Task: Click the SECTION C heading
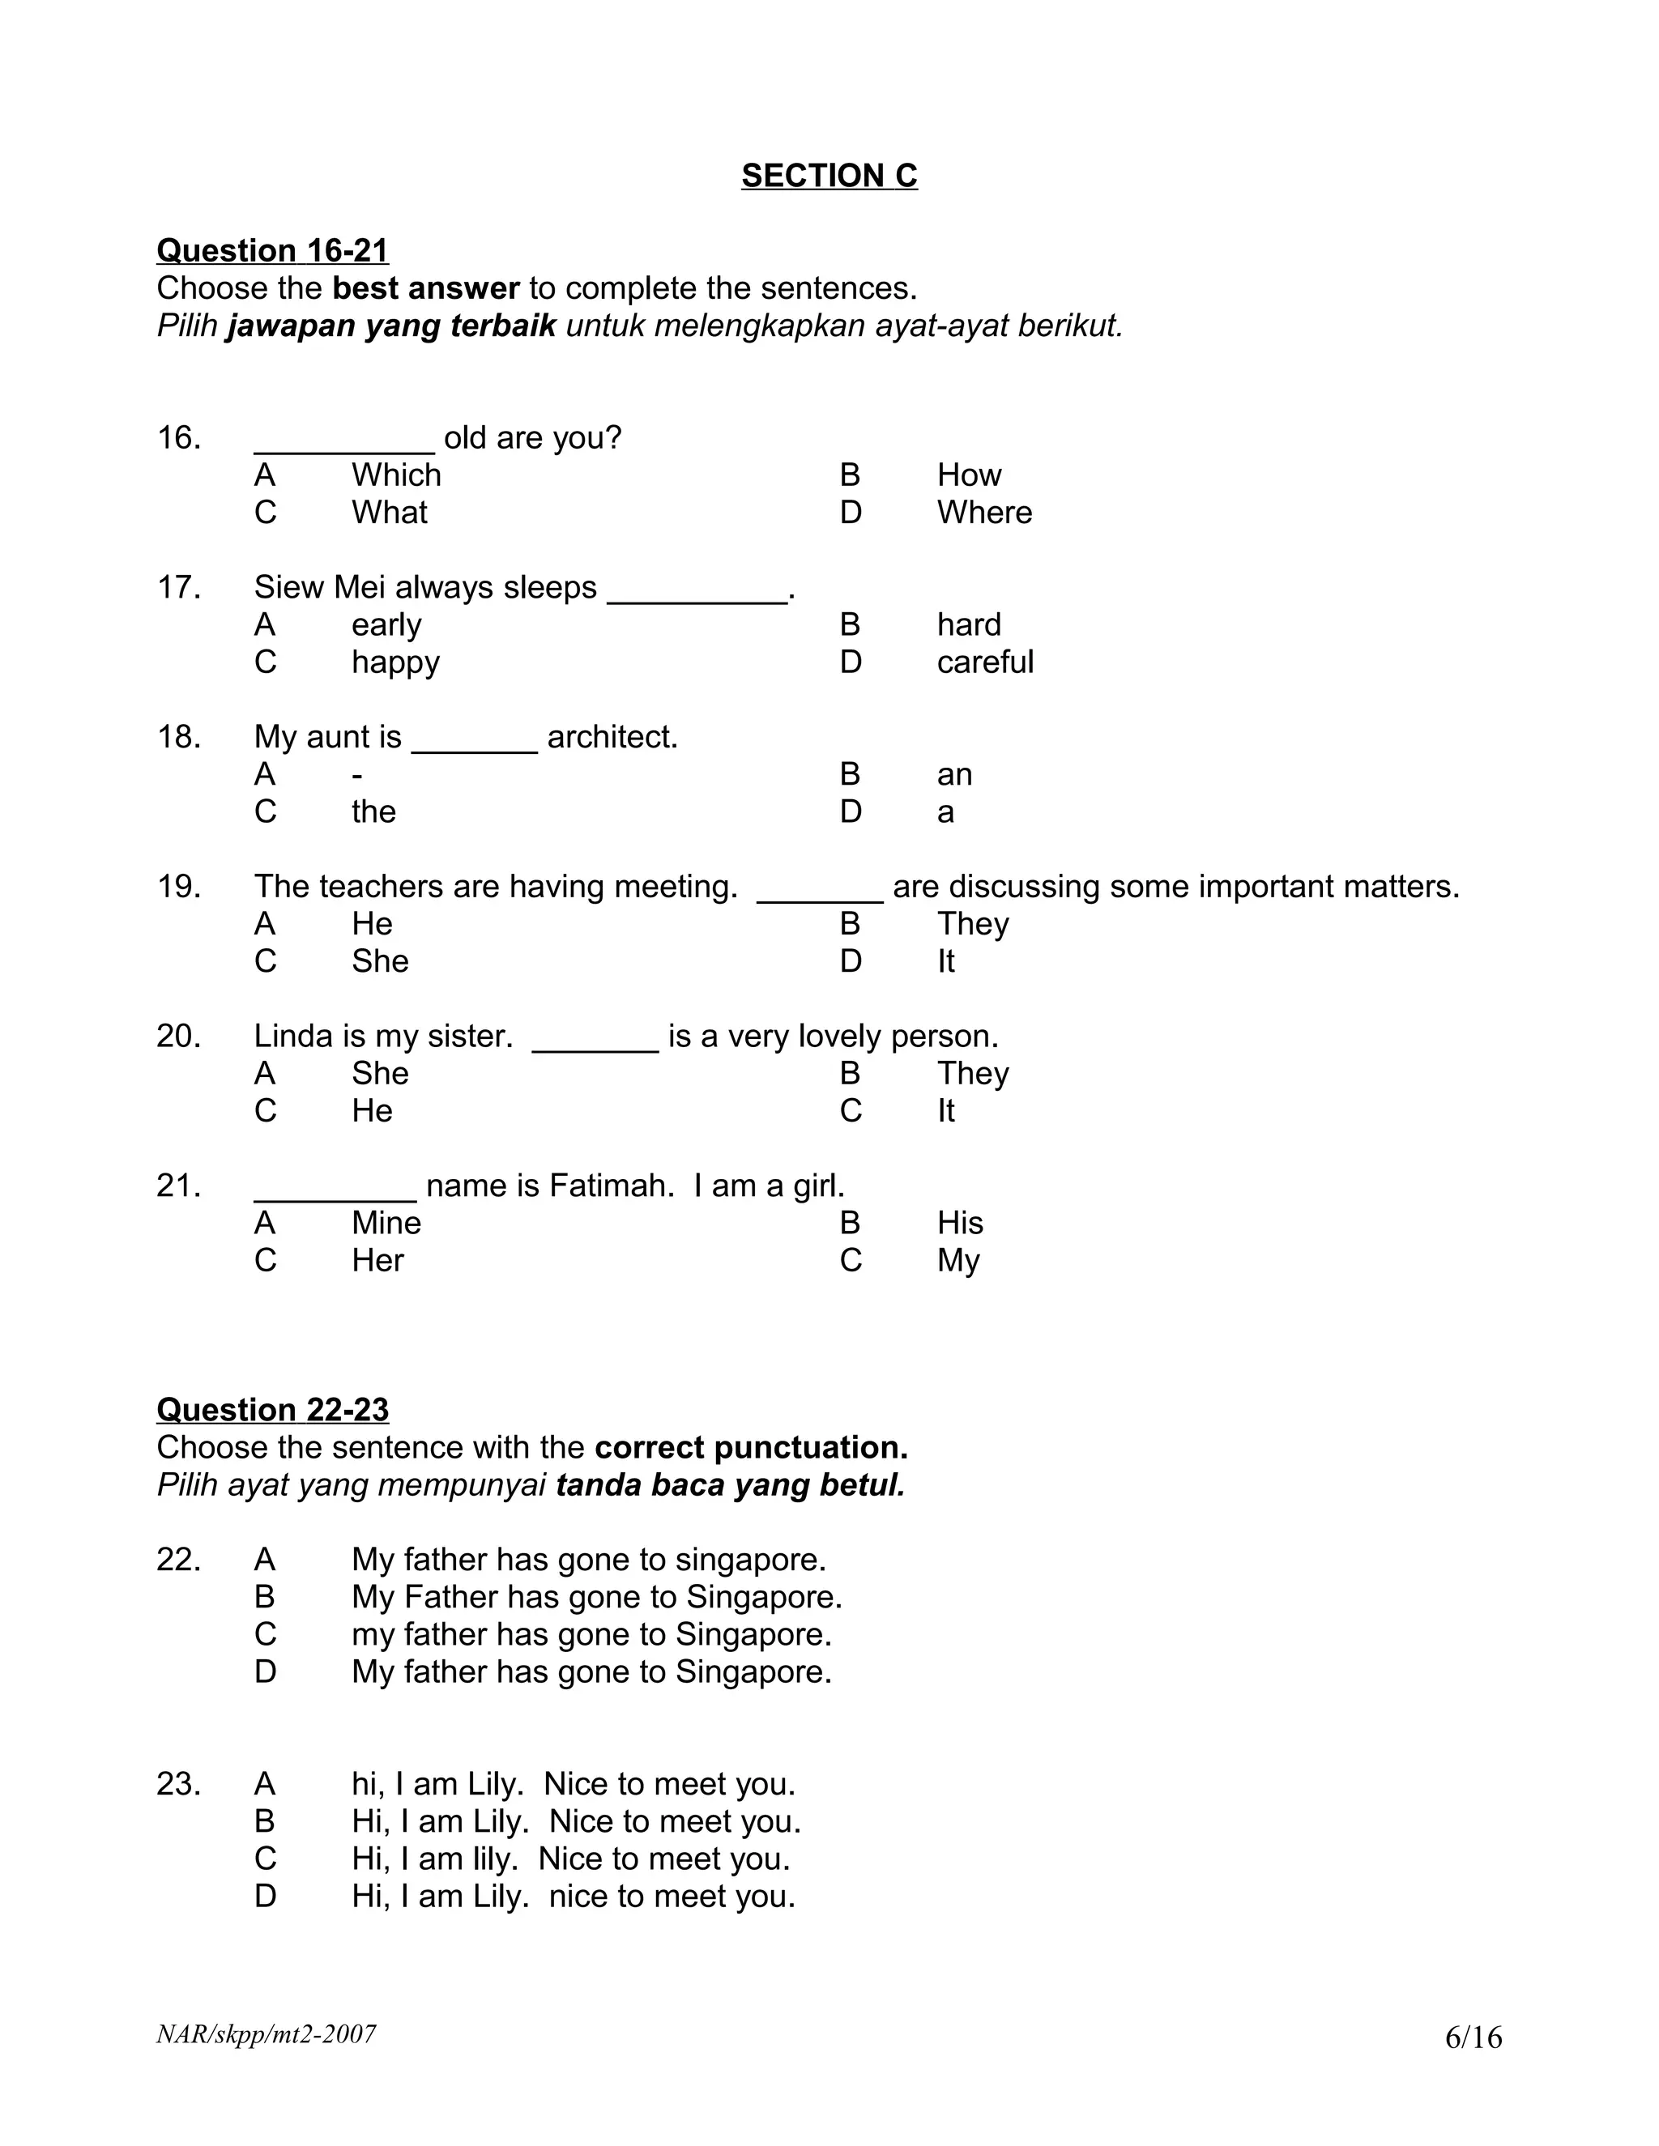[x=829, y=176]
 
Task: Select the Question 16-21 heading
[x=272, y=250]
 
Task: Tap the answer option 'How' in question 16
[x=968, y=475]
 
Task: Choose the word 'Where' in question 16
[x=983, y=513]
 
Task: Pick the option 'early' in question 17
[x=386, y=625]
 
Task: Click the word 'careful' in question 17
[x=985, y=662]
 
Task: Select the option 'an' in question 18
[x=953, y=775]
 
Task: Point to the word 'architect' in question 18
[x=610, y=737]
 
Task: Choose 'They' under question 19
[x=972, y=924]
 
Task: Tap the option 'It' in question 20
[x=945, y=1111]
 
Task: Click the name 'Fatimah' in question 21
[x=609, y=1186]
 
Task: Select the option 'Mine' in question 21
[x=386, y=1224]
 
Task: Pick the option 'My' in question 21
[x=957, y=1261]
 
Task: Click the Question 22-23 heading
[x=272, y=1410]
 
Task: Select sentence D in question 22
[x=591, y=1672]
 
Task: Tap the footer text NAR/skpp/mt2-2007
[x=266, y=2034]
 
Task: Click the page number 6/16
[x=1472, y=2038]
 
